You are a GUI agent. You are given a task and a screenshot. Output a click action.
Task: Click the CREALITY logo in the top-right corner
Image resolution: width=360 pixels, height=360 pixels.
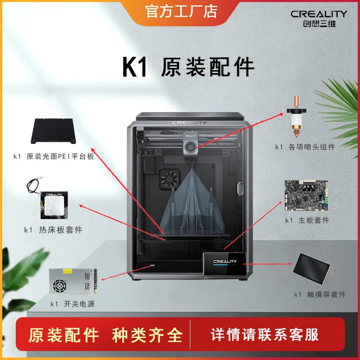[x=318, y=18]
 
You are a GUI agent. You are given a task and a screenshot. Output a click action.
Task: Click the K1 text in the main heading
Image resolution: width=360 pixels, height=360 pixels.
[x=135, y=67]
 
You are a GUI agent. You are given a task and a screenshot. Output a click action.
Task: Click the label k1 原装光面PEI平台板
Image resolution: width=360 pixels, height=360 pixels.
[x=54, y=157]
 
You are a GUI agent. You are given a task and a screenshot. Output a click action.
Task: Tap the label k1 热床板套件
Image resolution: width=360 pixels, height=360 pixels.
[x=54, y=230]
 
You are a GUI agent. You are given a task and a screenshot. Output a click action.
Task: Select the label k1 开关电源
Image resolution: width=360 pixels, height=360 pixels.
[x=72, y=304]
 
